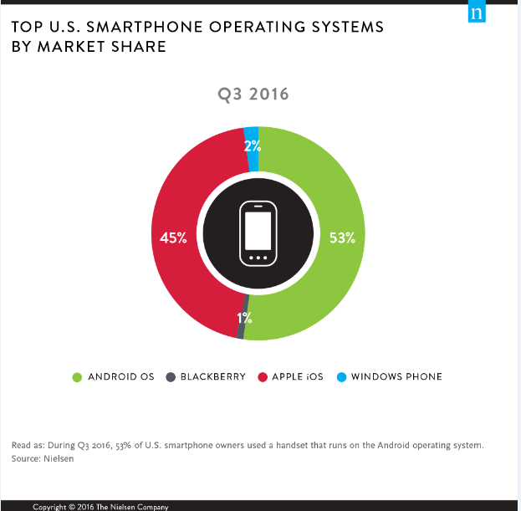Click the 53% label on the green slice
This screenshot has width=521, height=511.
(342, 238)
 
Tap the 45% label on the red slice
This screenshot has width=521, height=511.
(173, 238)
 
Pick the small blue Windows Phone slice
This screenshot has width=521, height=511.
(252, 135)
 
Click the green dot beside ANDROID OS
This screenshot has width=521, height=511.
(78, 376)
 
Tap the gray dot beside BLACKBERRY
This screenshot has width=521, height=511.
(170, 376)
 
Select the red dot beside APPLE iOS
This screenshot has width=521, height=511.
(262, 376)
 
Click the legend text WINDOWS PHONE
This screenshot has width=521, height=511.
(396, 376)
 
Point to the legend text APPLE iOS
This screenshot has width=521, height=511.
(299, 376)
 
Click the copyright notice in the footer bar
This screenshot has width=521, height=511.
(100, 507)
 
